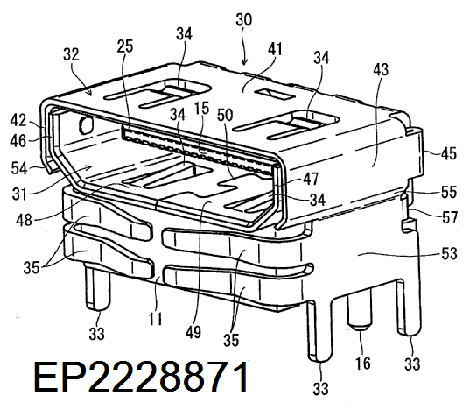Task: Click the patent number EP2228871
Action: tap(141, 377)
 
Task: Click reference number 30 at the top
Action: tap(244, 20)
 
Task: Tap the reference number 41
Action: tap(275, 48)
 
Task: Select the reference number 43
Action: tap(381, 69)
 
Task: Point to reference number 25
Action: tap(124, 46)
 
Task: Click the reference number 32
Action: tap(71, 54)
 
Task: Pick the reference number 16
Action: tap(363, 363)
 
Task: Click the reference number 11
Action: tap(155, 319)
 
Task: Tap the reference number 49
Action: tap(193, 332)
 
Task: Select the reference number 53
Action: tap(449, 254)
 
